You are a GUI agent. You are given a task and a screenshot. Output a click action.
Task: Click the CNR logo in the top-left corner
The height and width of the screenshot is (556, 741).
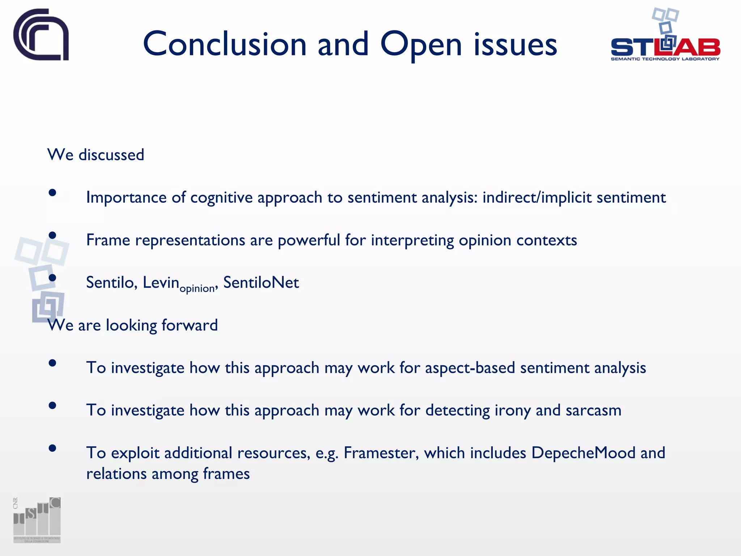click(x=41, y=35)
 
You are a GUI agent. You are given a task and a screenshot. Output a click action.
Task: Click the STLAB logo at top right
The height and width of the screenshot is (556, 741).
click(x=665, y=36)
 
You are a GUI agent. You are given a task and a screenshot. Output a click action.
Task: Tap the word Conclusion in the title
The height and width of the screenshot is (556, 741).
click(x=225, y=45)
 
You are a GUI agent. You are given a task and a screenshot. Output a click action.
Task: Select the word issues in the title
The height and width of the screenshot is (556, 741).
click(x=515, y=45)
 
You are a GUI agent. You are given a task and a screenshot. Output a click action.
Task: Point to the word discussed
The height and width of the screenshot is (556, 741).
click(x=111, y=155)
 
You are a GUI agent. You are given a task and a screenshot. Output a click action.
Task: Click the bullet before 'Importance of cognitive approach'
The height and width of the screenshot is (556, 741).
click(x=52, y=193)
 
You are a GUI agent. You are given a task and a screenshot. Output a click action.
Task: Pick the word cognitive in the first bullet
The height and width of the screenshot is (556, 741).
click(x=221, y=198)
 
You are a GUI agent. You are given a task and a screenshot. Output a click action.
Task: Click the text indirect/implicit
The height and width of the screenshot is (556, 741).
click(x=537, y=198)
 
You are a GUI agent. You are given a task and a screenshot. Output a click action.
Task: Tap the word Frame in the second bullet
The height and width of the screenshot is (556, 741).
click(x=108, y=240)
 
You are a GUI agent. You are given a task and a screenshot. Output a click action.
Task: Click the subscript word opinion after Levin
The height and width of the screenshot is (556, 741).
click(x=197, y=288)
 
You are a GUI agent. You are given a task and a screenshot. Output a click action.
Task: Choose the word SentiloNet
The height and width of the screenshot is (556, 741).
click(x=261, y=282)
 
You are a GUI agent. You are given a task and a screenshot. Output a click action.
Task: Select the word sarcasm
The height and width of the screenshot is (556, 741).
click(x=593, y=410)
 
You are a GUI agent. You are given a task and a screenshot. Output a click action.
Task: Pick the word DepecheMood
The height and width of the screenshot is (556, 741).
click(x=583, y=453)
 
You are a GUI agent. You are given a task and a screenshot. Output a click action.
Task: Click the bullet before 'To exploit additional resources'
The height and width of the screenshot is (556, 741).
click(x=52, y=448)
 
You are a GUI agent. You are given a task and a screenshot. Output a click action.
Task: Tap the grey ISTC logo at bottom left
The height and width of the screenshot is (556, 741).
click(x=37, y=520)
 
